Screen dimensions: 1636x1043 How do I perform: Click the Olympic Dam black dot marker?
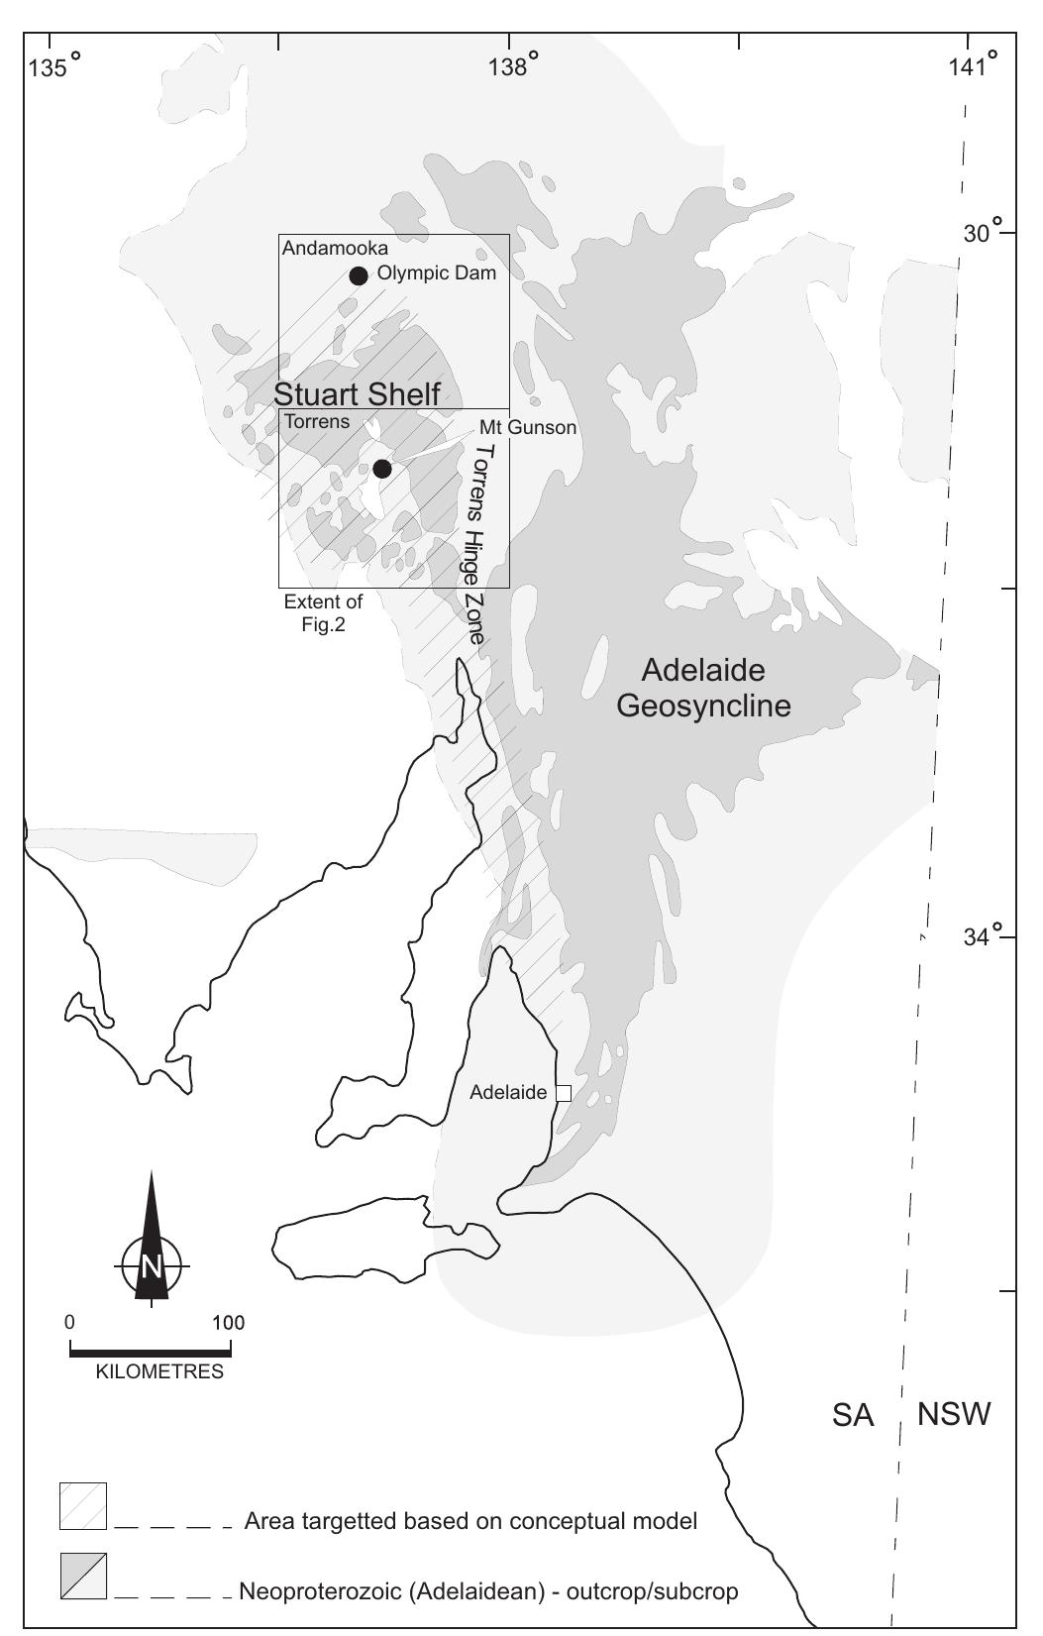point(359,275)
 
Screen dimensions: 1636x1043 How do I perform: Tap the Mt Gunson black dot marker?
point(381,469)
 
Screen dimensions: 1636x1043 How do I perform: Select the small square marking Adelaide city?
point(563,1093)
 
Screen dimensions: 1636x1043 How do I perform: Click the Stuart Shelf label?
point(357,393)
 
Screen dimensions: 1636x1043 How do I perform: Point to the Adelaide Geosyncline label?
point(703,688)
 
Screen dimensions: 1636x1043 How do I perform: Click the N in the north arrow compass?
point(152,1266)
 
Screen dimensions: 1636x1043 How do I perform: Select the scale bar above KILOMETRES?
point(151,1350)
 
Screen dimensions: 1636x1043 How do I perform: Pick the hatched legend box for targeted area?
point(83,1506)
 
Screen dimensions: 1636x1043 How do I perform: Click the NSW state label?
point(954,1414)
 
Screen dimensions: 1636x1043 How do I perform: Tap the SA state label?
point(852,1416)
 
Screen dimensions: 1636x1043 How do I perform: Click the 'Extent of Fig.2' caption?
point(323,612)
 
